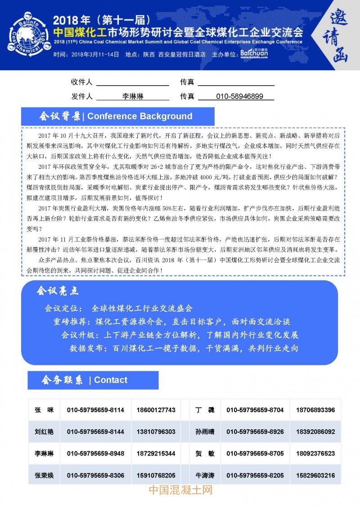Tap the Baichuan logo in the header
[x=254, y=54]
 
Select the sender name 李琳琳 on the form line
[x=133, y=96]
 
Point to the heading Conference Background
[x=139, y=116]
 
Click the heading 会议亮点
[x=57, y=291]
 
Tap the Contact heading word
[x=111, y=380]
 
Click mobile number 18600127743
[x=156, y=410]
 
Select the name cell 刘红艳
[x=44, y=432]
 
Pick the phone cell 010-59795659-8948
[x=95, y=453]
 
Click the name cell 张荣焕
[x=44, y=475]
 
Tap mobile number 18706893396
[x=315, y=410]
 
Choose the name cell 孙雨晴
[x=205, y=432]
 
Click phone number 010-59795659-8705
[x=255, y=453]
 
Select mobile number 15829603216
[x=315, y=475]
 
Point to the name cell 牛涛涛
[x=205, y=475]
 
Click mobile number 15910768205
[x=156, y=475]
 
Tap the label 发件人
[x=81, y=96]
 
